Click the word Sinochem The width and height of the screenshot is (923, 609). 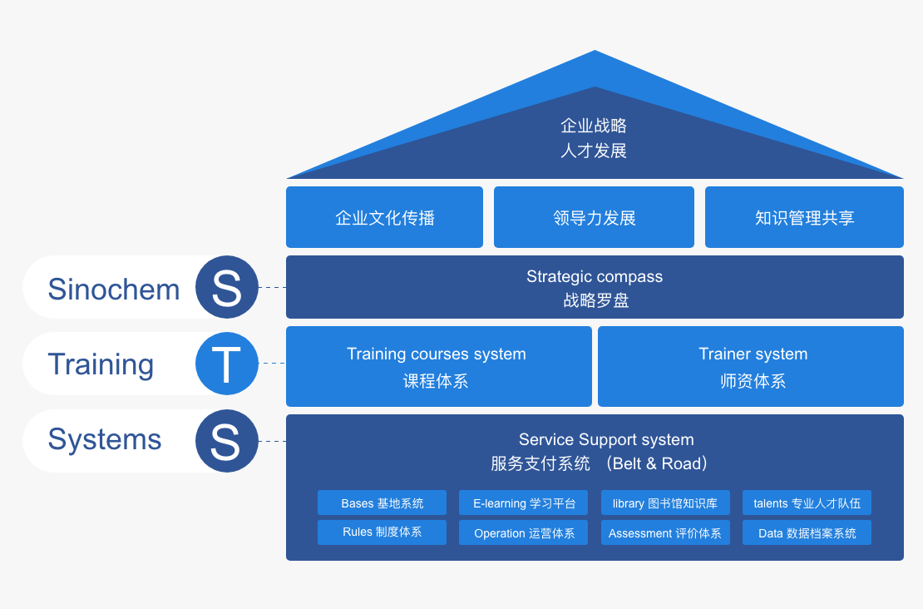coord(114,289)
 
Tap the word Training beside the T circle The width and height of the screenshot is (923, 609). coord(101,364)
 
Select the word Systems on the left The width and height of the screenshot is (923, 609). coord(105,439)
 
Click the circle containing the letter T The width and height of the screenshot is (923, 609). coord(226,364)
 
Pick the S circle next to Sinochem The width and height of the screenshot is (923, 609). coord(226,287)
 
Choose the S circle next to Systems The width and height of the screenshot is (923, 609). coord(226,441)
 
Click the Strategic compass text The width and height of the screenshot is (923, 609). coord(595,277)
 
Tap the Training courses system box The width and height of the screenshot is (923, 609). coord(438,366)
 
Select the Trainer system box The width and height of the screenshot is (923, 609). coord(751,366)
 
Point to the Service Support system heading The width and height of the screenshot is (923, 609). coord(606,439)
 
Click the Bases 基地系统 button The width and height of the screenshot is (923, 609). coord(382,503)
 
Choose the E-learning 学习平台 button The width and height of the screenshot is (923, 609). coord(524,503)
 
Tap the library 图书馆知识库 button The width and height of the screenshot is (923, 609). coord(665,503)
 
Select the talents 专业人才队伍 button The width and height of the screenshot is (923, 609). coord(807,503)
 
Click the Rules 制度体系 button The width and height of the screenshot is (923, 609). coord(382,532)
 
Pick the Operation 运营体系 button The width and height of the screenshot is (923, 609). coord(524,533)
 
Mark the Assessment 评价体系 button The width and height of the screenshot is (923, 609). coord(665,533)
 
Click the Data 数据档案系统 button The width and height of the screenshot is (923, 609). coord(807,533)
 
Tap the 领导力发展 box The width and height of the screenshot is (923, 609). coord(594,217)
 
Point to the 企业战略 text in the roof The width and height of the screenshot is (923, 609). coord(594,126)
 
